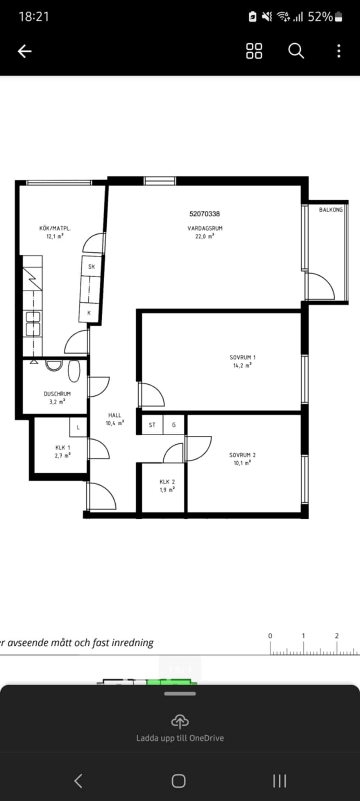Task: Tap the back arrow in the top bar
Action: point(25,51)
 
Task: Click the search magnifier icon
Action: point(296,51)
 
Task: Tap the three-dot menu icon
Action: point(339,51)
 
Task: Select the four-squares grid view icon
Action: point(254,51)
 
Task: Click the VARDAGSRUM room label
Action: point(205,228)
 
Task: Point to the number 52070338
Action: point(204,214)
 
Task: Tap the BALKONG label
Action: point(331,210)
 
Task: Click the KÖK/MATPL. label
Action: point(55,228)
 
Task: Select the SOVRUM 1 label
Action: point(242,357)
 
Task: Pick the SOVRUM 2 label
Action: point(242,455)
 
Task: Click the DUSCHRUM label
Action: point(57,394)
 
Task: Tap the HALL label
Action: point(115,415)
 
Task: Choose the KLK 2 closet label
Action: point(167,482)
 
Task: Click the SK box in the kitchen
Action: point(91,266)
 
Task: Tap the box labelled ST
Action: point(152,425)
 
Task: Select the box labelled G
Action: point(174,425)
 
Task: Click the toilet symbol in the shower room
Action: point(74,371)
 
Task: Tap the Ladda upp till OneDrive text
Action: point(180,738)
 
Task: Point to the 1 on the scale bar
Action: point(303,636)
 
